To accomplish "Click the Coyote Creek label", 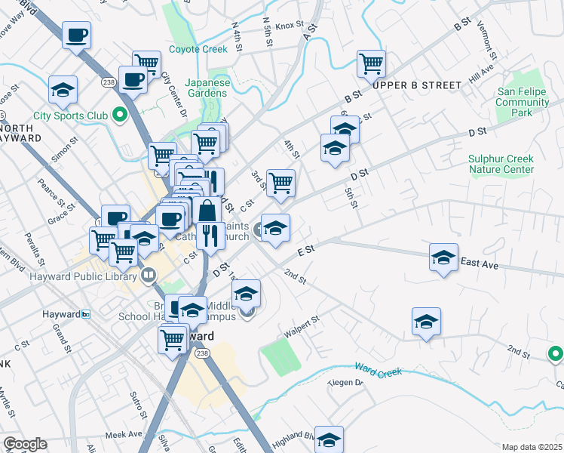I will click(198, 49).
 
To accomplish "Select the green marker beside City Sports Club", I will click(118, 116).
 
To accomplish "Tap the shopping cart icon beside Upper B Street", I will click(371, 64).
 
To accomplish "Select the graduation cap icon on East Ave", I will click(444, 257).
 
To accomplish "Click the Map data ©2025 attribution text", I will click(532, 447).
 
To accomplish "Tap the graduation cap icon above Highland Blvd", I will click(329, 439).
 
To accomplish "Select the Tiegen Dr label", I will click(345, 383).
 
